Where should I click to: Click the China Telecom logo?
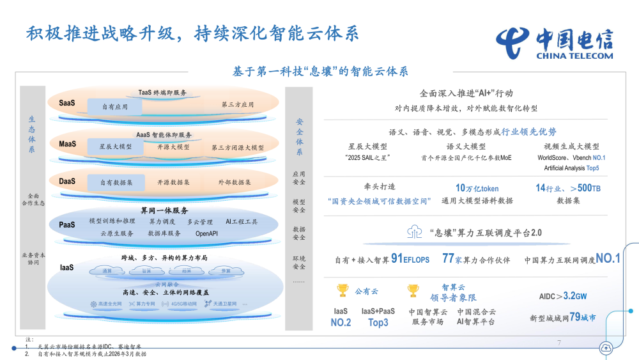pos(553,42)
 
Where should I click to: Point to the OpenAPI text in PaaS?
pos(207,233)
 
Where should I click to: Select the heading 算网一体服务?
pos(164,210)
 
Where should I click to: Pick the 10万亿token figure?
pos(477,188)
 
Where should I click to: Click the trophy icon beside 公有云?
pos(342,291)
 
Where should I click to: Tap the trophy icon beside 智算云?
pos(413,291)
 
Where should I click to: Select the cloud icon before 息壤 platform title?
pos(413,232)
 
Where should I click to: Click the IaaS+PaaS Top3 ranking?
pos(378,317)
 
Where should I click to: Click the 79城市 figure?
pos(583,317)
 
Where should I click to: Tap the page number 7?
pos(559,343)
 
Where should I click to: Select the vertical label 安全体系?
pos(300,137)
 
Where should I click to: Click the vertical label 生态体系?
pos(32,134)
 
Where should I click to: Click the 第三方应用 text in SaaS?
pos(238,104)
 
